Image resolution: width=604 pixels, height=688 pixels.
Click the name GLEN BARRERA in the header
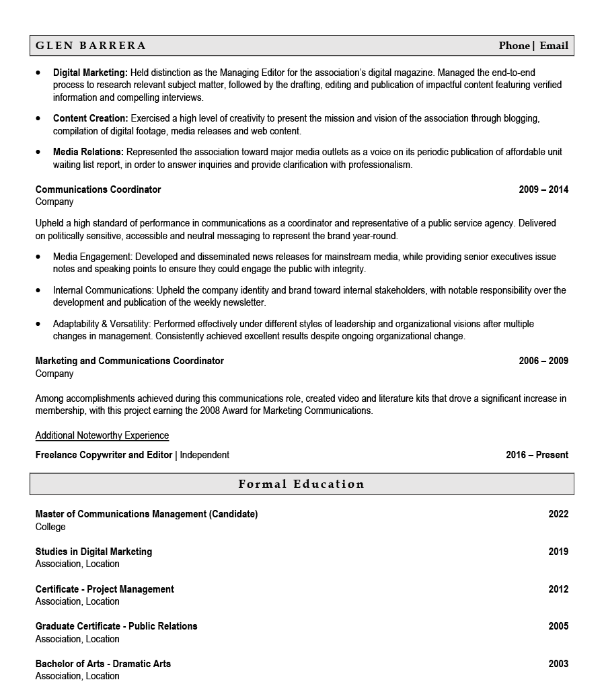[x=91, y=46]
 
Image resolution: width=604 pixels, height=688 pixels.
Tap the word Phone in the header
[x=514, y=46]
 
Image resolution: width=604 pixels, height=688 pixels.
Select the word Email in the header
[x=554, y=46]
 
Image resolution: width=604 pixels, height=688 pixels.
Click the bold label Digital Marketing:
[x=90, y=73]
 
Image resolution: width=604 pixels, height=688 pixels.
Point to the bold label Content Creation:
[x=90, y=119]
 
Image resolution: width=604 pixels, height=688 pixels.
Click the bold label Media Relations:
[x=88, y=153]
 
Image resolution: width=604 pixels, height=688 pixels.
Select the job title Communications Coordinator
[x=98, y=189]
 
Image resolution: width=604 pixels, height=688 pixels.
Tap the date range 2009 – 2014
[x=543, y=189]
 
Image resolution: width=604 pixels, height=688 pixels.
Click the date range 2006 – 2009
[x=543, y=361]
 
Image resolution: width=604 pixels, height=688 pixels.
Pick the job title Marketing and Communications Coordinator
[x=129, y=361]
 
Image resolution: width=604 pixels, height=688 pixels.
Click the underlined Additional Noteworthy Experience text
[x=102, y=435]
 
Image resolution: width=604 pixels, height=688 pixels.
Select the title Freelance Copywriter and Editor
[x=104, y=455]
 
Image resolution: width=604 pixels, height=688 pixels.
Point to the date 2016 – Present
[x=537, y=455]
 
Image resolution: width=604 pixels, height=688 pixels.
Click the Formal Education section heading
[x=301, y=484]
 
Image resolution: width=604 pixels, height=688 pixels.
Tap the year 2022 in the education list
[x=558, y=514]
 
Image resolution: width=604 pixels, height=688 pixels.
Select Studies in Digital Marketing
[x=93, y=552]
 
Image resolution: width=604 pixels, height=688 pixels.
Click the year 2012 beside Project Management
[x=558, y=589]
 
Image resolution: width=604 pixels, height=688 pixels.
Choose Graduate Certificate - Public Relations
[x=116, y=626]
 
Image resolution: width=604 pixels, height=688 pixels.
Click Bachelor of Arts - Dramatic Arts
[x=103, y=664]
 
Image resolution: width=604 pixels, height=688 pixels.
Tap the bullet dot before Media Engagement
[x=38, y=257]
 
